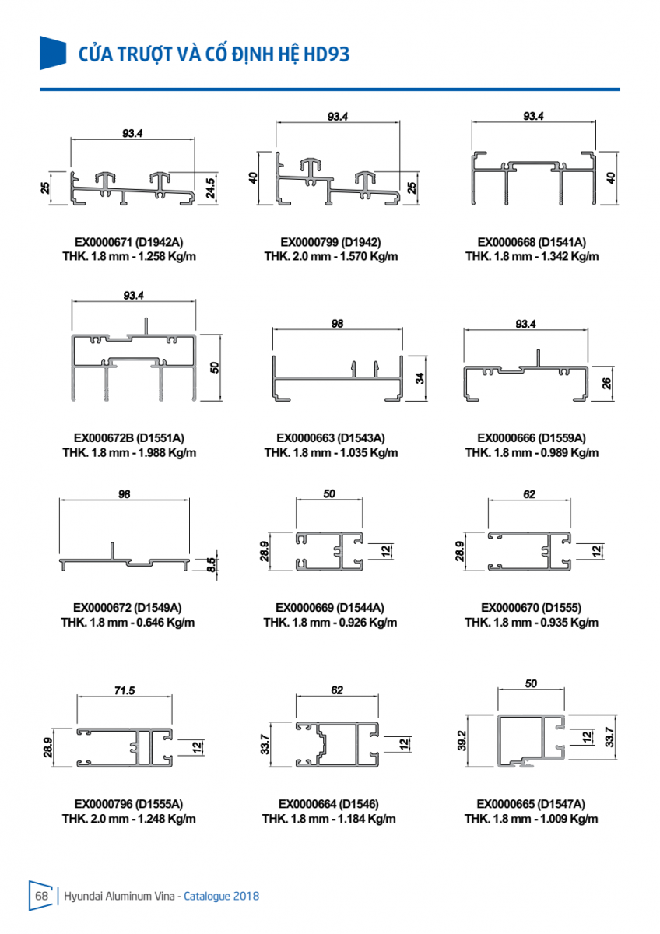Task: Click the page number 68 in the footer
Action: (x=41, y=896)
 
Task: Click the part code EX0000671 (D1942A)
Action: (x=128, y=241)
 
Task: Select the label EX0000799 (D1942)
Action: (x=331, y=241)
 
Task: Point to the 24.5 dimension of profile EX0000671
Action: (x=210, y=188)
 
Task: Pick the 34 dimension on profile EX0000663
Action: (x=420, y=379)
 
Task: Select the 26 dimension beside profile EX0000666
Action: (x=607, y=382)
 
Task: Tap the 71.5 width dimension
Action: (x=125, y=690)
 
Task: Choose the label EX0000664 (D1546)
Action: (x=329, y=803)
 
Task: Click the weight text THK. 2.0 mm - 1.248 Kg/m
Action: (x=129, y=819)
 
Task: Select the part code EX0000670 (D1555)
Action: (x=532, y=607)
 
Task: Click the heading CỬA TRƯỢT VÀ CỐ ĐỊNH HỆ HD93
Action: (x=214, y=54)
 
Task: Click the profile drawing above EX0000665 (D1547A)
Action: (x=532, y=739)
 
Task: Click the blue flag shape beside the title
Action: (x=53, y=52)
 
